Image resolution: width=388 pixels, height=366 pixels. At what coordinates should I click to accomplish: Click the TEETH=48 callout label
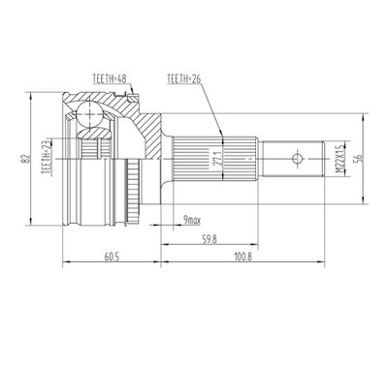coord(109,79)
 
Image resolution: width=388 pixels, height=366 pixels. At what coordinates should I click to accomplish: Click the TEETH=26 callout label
coord(183,79)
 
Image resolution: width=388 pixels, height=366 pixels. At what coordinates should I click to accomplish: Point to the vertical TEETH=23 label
coord(47,158)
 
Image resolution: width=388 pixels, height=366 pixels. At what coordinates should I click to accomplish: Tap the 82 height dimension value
coord(27,159)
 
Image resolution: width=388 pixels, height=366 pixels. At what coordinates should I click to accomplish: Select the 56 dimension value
coord(359,159)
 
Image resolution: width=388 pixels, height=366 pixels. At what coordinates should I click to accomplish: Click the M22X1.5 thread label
coord(339,159)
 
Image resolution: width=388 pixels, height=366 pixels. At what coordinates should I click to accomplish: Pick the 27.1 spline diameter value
coord(218,159)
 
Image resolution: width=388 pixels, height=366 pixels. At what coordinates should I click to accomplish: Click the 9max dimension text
coord(192,221)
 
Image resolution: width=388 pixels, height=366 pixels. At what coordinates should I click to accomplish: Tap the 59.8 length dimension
coord(210,240)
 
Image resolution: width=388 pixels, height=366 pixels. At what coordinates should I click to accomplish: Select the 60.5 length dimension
coord(112,258)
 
